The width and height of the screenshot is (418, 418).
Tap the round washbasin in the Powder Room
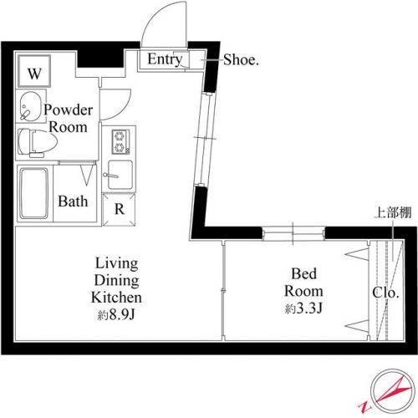tap(29, 109)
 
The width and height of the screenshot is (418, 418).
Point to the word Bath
tap(73, 201)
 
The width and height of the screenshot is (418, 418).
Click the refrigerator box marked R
tap(120, 209)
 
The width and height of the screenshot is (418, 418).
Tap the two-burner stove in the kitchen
tap(118, 141)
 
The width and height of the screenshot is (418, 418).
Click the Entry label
tap(165, 59)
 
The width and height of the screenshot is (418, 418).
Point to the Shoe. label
tap(242, 59)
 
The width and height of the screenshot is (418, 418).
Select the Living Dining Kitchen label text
tap(117, 283)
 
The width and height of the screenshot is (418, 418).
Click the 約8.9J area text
tap(117, 315)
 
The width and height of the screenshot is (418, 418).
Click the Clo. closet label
tap(385, 294)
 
